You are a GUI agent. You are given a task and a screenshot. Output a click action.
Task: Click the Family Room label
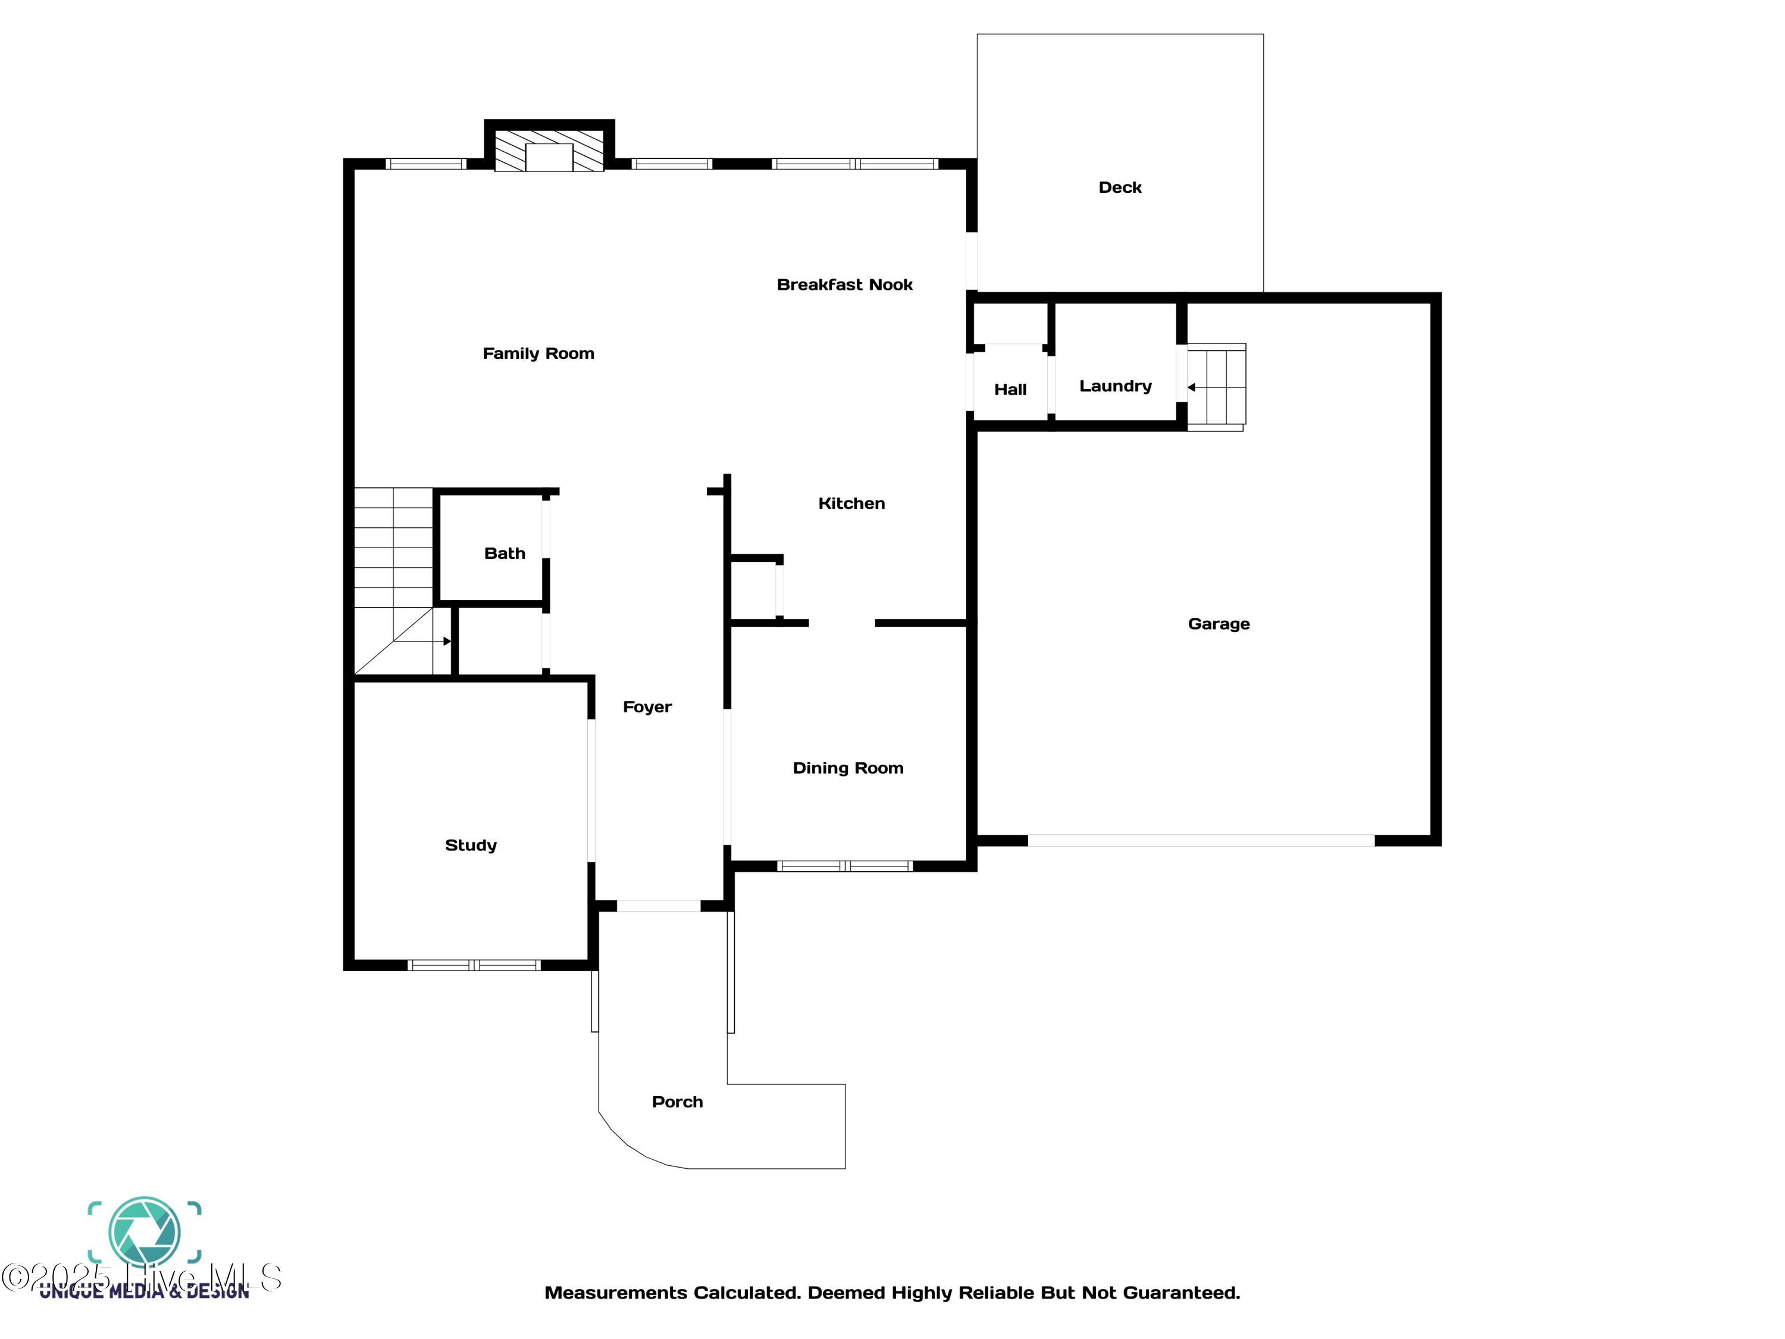538,353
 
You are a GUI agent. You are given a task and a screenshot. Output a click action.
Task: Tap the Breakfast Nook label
844,285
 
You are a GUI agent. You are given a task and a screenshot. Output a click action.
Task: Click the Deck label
1119,187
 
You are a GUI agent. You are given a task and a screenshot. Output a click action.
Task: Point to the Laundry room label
1115,386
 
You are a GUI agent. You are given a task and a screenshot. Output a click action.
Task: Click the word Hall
1010,390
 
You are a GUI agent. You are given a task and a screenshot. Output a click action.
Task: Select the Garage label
1218,624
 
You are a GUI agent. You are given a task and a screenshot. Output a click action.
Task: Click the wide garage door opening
1200,841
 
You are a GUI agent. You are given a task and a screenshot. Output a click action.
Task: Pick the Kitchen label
851,503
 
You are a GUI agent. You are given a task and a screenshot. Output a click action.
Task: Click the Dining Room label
847,768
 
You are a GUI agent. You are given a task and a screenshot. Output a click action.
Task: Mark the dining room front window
844,866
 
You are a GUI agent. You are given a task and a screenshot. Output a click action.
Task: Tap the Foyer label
646,707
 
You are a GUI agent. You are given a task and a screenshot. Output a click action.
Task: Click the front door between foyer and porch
659,906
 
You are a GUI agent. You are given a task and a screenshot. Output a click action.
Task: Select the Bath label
505,553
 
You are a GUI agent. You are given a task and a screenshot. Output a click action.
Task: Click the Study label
471,845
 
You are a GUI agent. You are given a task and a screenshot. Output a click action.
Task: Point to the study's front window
474,965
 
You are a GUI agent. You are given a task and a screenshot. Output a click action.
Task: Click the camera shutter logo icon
145,1231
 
